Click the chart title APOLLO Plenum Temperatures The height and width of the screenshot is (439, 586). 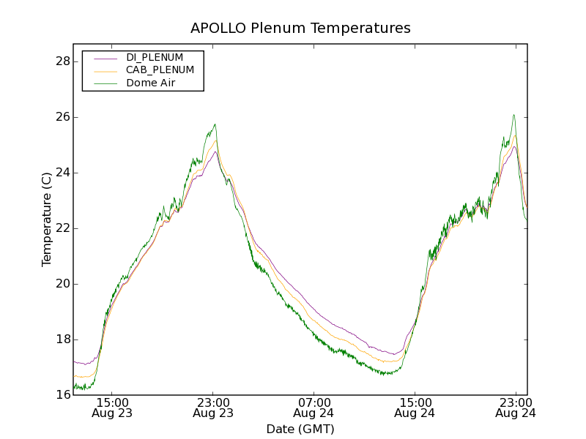[x=300, y=29]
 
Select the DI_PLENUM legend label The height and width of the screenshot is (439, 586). [x=155, y=57]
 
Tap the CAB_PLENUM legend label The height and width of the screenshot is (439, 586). [x=160, y=70]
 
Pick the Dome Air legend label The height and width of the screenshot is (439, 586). [x=151, y=83]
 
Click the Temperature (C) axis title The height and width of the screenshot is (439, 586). [x=47, y=219]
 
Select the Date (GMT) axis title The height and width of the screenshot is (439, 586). [x=300, y=429]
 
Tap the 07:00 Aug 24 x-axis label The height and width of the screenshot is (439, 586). [x=314, y=408]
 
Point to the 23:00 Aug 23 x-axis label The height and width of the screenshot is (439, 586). [x=213, y=408]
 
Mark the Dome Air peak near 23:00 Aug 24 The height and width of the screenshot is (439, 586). [x=514, y=115]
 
